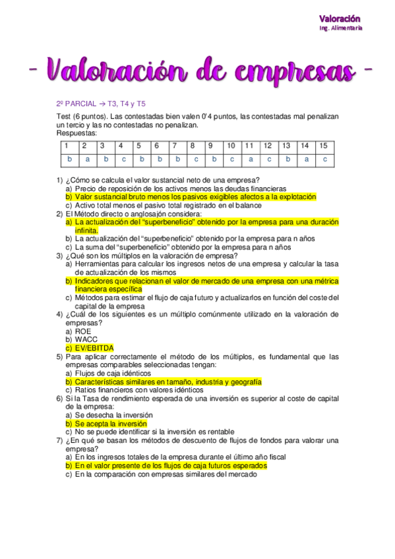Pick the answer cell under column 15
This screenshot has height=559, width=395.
pyautogui.click(x=324, y=160)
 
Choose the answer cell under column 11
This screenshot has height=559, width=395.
pyautogui.click(x=251, y=160)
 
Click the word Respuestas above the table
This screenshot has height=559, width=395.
pyautogui.click(x=76, y=132)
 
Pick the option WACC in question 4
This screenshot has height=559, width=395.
pyautogui.click(x=86, y=339)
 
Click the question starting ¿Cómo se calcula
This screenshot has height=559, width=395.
pyautogui.click(x=162, y=180)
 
